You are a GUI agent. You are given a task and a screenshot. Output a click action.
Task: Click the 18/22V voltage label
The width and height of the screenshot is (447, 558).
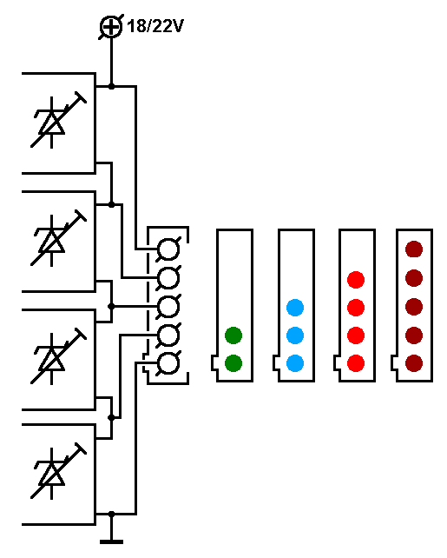click(154, 26)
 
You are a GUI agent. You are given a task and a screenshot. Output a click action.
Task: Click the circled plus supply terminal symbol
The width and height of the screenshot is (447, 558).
click(111, 27)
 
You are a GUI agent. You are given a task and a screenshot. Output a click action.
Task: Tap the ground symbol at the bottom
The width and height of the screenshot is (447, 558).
click(111, 541)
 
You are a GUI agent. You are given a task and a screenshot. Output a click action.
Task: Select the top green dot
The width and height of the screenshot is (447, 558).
click(233, 335)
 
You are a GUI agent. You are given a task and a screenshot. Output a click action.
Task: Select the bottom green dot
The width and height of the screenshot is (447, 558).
click(233, 363)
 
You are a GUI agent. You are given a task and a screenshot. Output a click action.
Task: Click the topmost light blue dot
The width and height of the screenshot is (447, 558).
click(295, 308)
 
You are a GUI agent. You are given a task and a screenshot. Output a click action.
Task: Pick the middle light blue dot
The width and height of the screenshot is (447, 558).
click(295, 335)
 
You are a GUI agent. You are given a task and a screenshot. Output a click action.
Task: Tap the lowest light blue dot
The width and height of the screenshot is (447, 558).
click(295, 363)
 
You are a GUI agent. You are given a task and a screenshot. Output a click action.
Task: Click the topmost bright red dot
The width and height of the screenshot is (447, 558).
click(356, 279)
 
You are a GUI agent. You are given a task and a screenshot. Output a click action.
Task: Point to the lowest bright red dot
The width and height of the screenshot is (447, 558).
click(356, 363)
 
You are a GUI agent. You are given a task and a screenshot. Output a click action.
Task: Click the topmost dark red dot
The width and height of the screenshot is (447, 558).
click(414, 249)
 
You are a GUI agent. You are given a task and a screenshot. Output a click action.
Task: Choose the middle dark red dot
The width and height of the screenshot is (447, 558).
click(414, 307)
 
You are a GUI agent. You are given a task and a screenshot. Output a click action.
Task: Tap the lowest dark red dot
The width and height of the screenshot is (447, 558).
click(414, 363)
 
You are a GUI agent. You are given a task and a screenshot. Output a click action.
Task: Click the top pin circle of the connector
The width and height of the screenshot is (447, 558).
click(168, 249)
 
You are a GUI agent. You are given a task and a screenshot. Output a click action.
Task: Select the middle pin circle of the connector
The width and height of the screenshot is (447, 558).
click(168, 307)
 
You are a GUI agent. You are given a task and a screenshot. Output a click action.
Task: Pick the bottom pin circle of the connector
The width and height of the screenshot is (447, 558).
click(168, 363)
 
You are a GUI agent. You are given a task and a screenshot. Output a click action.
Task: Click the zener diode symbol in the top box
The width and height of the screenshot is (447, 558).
click(58, 120)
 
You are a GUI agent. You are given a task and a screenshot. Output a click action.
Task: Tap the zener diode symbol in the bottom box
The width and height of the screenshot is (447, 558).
click(58, 471)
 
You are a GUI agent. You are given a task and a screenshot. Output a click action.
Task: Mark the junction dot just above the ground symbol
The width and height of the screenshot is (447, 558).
click(111, 514)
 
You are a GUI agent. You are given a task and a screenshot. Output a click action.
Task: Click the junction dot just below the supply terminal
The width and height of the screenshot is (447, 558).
click(111, 86)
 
